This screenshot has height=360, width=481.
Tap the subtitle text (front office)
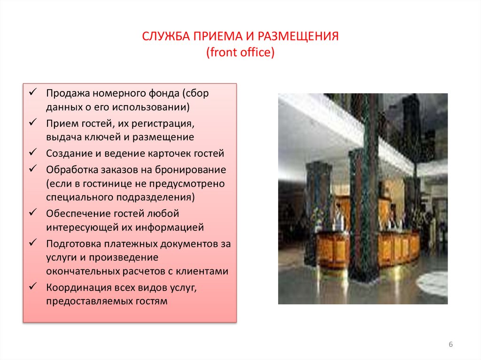[x=240, y=52]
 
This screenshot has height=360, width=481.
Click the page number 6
[x=450, y=345]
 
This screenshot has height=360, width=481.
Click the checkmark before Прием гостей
[x=33, y=123]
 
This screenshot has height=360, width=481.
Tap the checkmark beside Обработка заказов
[x=33, y=169]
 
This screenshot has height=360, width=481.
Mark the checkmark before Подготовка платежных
[x=33, y=244]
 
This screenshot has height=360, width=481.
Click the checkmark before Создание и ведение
[x=33, y=153]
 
